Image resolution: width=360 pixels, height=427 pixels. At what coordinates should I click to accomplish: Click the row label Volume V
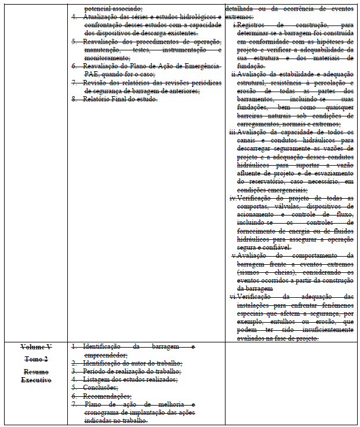click(36, 347)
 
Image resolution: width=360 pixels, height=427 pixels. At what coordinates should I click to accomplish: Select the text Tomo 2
click(36, 359)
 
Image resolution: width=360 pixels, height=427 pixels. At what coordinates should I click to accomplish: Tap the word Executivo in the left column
click(36, 380)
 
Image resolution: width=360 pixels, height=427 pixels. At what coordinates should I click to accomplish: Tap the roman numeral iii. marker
click(234, 133)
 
